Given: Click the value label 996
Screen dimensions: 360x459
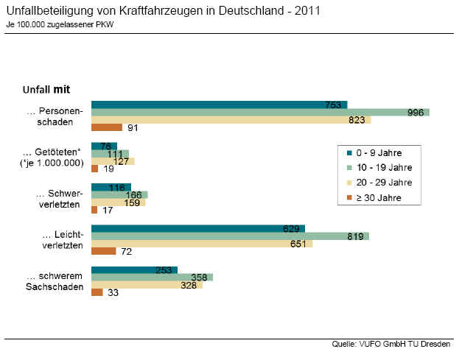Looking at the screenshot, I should click(416, 113).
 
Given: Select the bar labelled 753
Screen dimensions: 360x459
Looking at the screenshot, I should click(218, 105).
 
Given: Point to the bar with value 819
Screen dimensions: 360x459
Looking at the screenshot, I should click(229, 236).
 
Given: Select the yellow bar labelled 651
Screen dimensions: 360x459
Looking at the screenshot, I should click(201, 244).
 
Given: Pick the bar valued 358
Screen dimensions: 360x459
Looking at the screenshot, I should click(151, 278).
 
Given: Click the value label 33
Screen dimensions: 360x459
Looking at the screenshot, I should click(113, 293).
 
